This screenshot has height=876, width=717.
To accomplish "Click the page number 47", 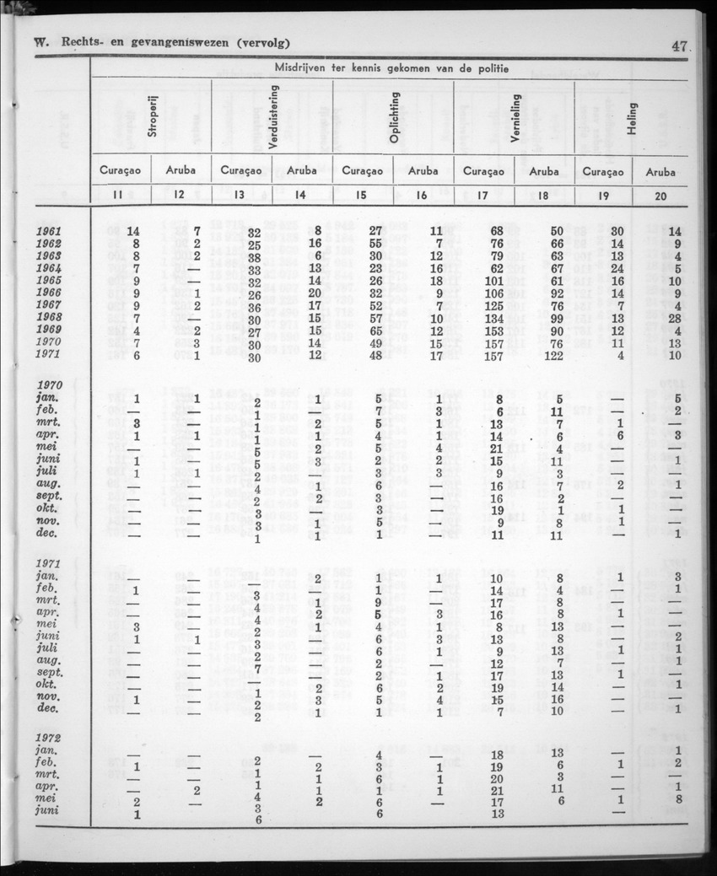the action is point(680,46).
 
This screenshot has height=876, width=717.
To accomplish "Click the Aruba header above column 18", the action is point(544,171).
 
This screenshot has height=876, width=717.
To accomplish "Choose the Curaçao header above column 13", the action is point(242,171).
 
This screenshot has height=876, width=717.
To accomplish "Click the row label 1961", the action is point(52,231).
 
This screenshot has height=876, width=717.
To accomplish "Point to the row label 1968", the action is point(52,318).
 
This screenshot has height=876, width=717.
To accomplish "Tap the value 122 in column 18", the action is point(552,355).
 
